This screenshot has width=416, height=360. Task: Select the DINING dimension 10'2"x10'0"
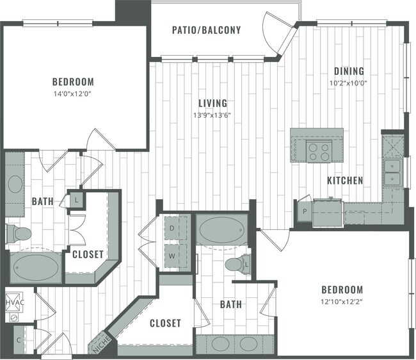click(x=348, y=83)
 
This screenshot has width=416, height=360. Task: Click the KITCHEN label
click(x=345, y=181)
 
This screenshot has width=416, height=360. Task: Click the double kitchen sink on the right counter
click(x=393, y=172)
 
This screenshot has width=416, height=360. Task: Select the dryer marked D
click(x=173, y=228)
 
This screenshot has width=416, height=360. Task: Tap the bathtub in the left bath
click(x=35, y=269)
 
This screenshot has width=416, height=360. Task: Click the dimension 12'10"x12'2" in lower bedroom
click(x=342, y=302)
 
